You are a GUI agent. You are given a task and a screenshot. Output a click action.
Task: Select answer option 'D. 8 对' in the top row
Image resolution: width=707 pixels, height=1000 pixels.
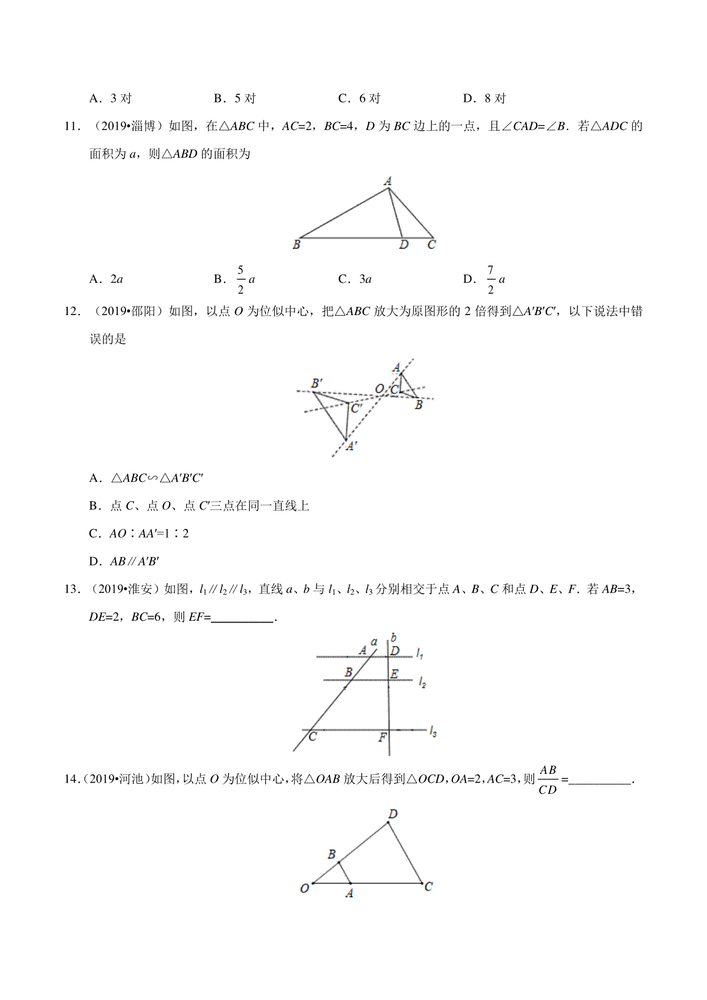click(x=484, y=98)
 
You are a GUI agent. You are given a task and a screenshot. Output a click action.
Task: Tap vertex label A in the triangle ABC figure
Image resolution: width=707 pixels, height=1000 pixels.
click(x=388, y=181)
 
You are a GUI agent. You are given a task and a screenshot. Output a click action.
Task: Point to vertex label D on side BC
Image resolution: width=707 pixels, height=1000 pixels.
click(x=404, y=245)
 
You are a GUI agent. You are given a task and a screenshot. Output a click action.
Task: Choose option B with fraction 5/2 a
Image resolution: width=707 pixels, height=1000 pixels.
click(x=234, y=279)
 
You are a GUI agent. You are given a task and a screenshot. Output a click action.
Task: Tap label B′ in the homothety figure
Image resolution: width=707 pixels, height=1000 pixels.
click(x=317, y=383)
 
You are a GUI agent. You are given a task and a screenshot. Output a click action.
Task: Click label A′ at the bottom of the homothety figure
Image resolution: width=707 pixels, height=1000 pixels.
click(x=351, y=447)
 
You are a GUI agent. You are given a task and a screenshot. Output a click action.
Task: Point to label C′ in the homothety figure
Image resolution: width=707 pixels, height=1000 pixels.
click(x=356, y=408)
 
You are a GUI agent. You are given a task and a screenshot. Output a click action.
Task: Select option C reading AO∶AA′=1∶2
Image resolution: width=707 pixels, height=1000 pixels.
click(x=139, y=534)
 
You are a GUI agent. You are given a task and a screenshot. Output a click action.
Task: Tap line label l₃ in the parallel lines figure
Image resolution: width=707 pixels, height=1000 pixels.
click(x=433, y=732)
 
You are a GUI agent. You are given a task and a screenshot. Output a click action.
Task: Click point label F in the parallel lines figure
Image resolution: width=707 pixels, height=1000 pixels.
click(x=382, y=737)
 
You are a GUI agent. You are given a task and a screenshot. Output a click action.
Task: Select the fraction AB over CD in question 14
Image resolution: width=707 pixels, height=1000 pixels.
click(x=548, y=779)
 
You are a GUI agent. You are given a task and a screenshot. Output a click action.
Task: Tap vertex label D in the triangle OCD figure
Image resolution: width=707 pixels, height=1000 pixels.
click(x=393, y=814)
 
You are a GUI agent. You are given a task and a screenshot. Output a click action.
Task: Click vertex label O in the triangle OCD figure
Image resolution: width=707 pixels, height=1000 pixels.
click(x=305, y=888)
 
